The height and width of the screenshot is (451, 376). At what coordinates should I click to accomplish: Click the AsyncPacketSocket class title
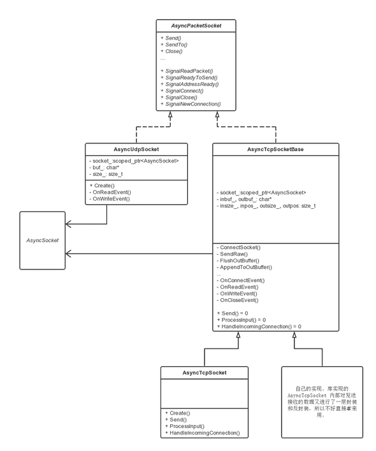197,25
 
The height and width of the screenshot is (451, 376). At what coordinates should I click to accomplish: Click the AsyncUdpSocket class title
136,149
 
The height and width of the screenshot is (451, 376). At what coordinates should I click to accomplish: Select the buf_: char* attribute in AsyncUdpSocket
105,167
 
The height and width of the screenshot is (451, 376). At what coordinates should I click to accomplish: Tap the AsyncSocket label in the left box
43,240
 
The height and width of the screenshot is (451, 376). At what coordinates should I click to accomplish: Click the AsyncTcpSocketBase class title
275,149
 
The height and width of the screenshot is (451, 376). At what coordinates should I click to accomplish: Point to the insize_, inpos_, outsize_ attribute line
266,206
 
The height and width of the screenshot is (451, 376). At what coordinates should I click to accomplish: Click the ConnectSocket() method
240,247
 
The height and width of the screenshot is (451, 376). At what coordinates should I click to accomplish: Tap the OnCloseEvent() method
239,299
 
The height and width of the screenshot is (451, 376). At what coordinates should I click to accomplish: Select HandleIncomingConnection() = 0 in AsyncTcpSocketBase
259,326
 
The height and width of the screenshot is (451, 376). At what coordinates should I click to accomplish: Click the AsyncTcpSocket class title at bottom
205,372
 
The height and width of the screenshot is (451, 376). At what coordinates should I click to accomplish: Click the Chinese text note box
322,401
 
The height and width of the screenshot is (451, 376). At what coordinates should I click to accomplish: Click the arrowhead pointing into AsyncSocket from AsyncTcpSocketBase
70,253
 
